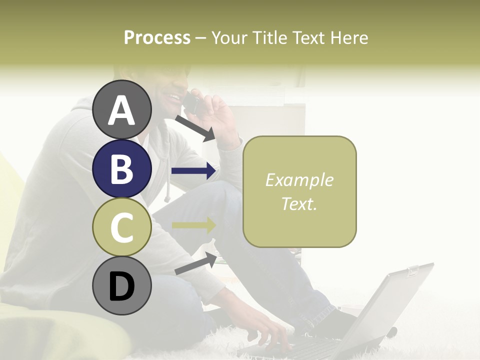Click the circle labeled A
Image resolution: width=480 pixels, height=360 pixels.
(121, 109)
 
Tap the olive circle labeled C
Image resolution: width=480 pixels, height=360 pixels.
(121, 227)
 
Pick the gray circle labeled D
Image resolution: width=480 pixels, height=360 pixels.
(121, 285)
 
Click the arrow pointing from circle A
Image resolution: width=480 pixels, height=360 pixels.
(194, 127)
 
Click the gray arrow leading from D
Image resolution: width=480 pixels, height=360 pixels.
(195, 264)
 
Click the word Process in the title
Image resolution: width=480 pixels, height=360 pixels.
(157, 37)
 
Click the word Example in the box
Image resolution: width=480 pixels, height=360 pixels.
(299, 180)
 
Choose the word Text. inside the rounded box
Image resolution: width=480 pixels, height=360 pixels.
(299, 203)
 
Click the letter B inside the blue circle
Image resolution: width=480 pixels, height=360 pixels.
(121, 169)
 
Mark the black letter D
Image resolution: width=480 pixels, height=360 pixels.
(121, 286)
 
